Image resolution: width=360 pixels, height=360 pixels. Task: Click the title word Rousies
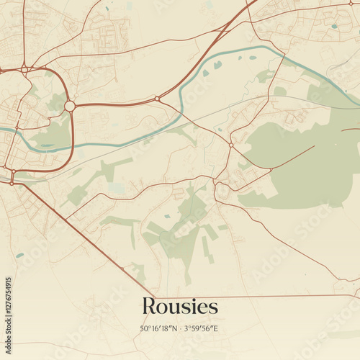click(x=179, y=306)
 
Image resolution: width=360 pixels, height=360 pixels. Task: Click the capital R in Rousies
click(x=149, y=306)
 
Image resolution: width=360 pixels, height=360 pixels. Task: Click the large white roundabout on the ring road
click(x=70, y=106)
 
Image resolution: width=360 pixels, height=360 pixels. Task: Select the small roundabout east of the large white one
click(x=157, y=99)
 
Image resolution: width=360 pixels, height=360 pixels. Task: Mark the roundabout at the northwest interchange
click(x=24, y=69)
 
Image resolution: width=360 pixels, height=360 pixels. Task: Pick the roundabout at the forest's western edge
click(x=231, y=145)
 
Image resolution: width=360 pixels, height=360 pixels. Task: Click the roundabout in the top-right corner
click(x=351, y=5)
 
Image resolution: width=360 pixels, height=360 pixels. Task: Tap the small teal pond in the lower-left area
click(x=19, y=255)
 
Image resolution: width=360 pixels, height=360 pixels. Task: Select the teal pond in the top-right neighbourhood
click(x=334, y=27)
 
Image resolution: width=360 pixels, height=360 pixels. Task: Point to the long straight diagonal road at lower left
click(x=79, y=230)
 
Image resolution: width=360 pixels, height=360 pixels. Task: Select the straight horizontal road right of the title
click(x=288, y=296)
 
